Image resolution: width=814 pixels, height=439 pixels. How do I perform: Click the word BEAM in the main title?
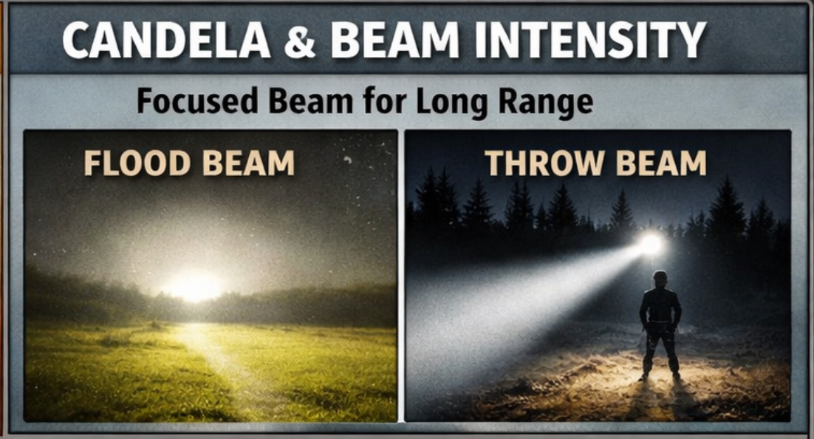tap(396, 40)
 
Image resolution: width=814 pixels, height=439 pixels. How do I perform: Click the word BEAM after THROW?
tap(661, 163)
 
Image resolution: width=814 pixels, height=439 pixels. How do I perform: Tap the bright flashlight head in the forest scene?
tap(651, 245)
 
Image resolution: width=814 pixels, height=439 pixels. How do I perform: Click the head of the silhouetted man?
tap(660, 279)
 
